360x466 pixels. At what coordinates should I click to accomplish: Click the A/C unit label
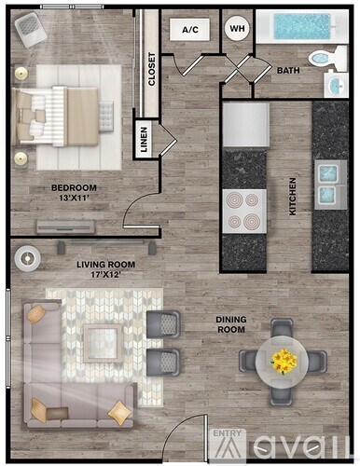point(190,30)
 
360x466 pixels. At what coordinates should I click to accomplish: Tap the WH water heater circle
point(237,29)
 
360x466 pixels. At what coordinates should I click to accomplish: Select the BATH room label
point(288,71)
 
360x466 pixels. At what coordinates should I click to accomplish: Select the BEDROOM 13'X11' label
point(74,192)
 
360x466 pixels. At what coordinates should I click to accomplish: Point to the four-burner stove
point(243,211)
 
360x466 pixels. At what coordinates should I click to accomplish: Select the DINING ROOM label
point(231,324)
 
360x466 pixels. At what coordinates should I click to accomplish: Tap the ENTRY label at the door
point(227,434)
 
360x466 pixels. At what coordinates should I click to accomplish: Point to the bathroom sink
point(339,84)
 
